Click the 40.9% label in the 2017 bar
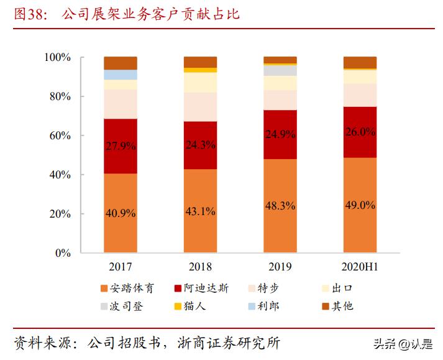[x=121, y=213]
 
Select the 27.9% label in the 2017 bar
[x=121, y=146]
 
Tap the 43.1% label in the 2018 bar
[x=200, y=211]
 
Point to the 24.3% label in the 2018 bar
[x=200, y=144]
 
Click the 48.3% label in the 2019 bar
[x=280, y=205]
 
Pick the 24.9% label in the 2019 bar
[x=280, y=134]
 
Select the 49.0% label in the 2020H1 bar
[x=360, y=205]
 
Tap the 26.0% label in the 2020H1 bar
[x=360, y=132]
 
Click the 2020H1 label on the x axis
[x=360, y=267]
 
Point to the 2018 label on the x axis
[x=200, y=267]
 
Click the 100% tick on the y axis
[x=58, y=58]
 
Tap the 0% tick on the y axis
[x=63, y=253]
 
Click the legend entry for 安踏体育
[x=127, y=288]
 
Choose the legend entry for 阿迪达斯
[x=203, y=288]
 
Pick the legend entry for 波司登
[x=122, y=306]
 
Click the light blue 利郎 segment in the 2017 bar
[x=121, y=75]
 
